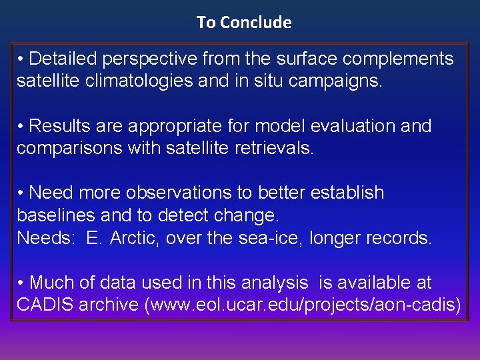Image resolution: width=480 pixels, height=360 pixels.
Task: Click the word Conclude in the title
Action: tap(255, 22)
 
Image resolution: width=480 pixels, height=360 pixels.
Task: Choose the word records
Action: tap(399, 238)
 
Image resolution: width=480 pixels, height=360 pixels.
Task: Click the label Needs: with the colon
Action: tap(45, 238)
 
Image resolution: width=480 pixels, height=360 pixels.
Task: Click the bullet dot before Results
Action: tap(21, 126)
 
